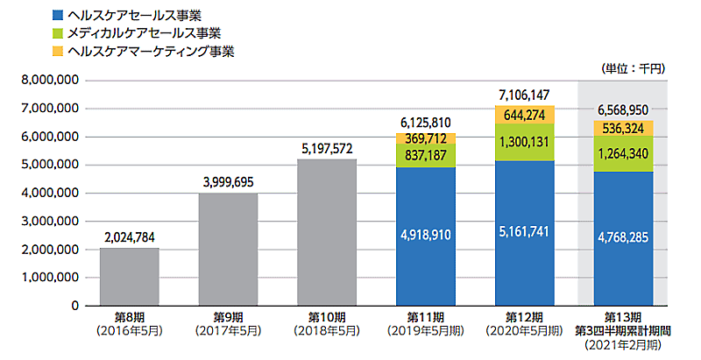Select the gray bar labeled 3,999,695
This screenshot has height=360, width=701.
click(228, 250)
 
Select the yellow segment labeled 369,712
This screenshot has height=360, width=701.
click(425, 138)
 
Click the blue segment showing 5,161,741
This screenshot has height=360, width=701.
click(524, 233)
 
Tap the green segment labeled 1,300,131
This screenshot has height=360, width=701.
click(524, 142)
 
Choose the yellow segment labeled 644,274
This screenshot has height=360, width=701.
click(524, 115)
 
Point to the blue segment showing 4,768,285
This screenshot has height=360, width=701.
click(623, 238)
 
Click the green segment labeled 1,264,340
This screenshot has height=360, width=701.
click(623, 153)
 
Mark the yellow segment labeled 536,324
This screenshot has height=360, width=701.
click(623, 128)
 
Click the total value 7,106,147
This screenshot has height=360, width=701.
click(524, 94)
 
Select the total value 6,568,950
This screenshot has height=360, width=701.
click(623, 109)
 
